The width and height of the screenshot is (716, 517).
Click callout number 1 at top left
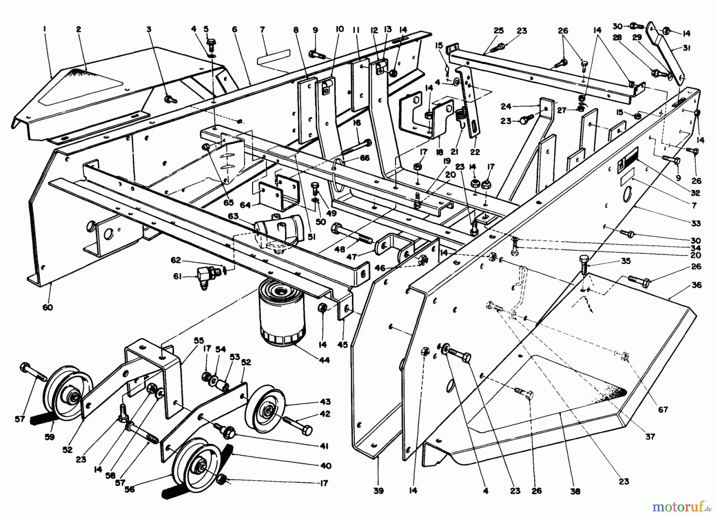45,29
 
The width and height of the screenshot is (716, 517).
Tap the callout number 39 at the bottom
378,491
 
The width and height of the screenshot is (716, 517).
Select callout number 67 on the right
663,410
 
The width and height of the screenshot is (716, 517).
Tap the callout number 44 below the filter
325,360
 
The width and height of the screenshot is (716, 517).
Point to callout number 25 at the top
499,31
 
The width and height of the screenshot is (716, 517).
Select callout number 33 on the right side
696,224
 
